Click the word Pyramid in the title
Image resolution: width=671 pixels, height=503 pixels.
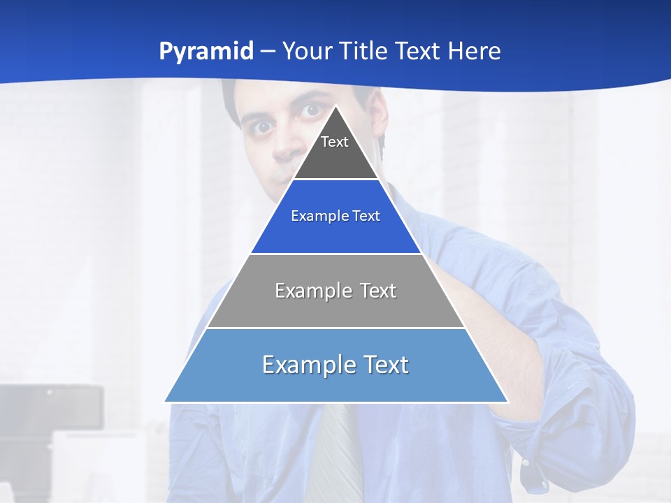pyautogui.click(x=205, y=52)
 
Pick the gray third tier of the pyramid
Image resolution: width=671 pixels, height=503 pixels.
pyautogui.click(x=335, y=307)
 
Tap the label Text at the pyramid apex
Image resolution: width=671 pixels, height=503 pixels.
pyautogui.click(x=335, y=143)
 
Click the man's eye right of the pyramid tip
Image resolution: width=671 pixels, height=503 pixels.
pyautogui.click(x=311, y=110)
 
